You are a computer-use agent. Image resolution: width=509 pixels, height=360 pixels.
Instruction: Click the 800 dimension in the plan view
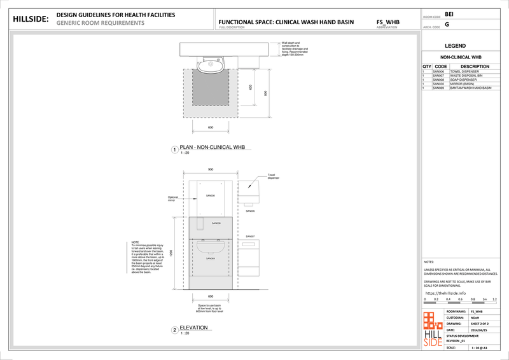(x=265, y=93)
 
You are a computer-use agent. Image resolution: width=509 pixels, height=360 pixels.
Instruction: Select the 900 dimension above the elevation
(x=211, y=169)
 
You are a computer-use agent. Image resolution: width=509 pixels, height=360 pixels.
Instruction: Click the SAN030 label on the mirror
(x=211, y=195)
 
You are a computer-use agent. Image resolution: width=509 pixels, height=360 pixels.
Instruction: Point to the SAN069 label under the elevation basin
(x=211, y=258)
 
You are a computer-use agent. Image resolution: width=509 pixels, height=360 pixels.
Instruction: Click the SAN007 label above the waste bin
(x=250, y=236)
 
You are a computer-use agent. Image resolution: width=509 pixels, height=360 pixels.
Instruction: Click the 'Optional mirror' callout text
(x=173, y=198)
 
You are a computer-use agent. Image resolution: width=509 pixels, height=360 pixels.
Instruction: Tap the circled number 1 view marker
(x=174, y=150)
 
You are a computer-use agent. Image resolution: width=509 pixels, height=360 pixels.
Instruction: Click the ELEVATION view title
(x=194, y=328)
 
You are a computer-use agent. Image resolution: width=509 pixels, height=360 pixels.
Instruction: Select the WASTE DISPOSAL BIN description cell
(x=466, y=75)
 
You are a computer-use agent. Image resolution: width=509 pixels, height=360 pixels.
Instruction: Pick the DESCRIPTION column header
(x=474, y=66)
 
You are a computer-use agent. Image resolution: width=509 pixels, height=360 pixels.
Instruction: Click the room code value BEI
(x=449, y=13)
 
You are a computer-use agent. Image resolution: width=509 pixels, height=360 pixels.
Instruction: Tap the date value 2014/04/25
(x=478, y=330)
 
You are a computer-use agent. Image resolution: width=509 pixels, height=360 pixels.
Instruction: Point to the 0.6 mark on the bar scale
(x=461, y=298)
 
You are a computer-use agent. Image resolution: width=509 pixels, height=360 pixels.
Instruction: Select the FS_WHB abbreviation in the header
(x=387, y=22)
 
